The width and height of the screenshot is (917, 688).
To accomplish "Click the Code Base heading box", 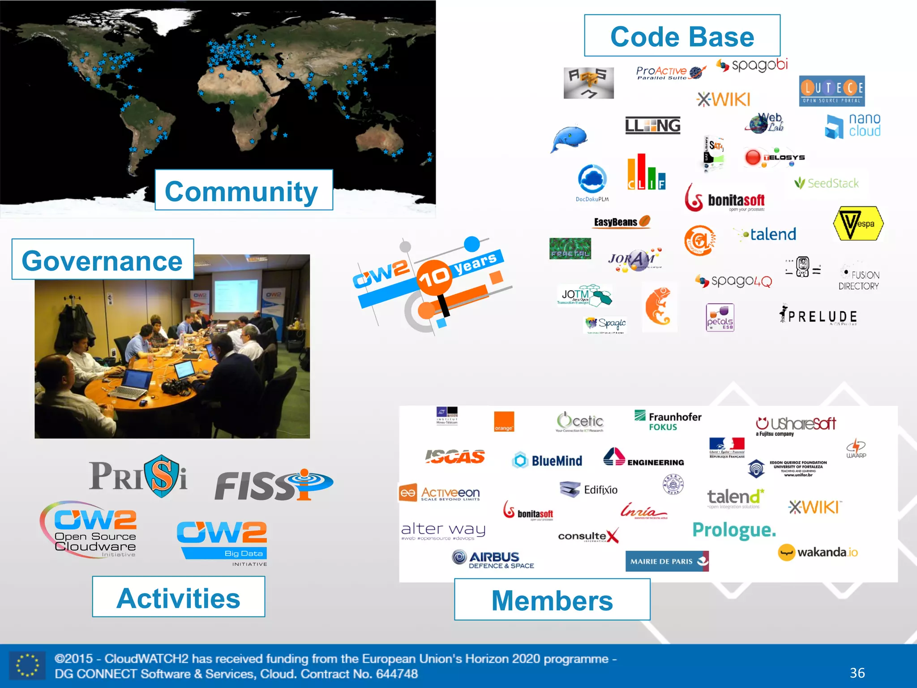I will click(682, 36).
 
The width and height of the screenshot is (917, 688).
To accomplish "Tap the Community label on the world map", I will click(244, 190).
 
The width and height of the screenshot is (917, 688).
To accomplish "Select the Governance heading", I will click(103, 260).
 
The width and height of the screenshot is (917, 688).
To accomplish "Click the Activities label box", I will click(178, 597).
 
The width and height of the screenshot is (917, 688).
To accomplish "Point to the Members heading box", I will click(552, 600).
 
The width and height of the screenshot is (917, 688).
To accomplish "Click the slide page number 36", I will click(857, 672).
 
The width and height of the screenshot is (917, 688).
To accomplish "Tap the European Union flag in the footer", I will click(27, 665).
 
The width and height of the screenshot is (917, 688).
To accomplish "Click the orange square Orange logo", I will click(504, 421).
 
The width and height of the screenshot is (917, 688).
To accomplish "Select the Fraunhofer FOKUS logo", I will click(668, 421).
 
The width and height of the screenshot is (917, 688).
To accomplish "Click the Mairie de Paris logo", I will click(666, 561).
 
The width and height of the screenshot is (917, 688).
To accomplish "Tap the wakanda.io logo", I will click(818, 552).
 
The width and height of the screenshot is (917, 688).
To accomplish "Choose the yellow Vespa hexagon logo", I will click(858, 224).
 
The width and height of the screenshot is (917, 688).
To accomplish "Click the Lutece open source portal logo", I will click(831, 91).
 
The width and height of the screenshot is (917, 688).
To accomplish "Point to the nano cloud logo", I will click(853, 125).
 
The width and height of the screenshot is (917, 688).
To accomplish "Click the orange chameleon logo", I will click(658, 307).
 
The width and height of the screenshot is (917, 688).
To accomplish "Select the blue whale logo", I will click(569, 139).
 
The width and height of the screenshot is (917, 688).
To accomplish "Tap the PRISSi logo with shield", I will click(138, 476).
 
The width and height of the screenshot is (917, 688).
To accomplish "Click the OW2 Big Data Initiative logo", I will click(223, 542).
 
